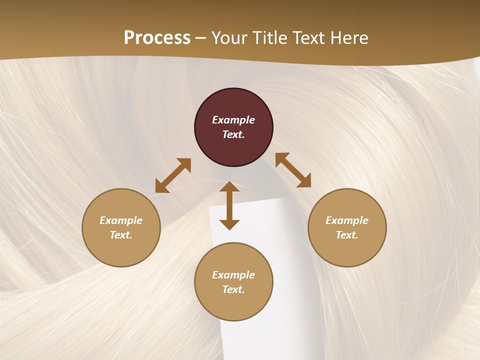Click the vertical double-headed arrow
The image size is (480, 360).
[x=229, y=205]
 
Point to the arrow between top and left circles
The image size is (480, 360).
[x=173, y=175]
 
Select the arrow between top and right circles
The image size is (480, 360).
[x=293, y=170]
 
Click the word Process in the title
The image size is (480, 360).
[x=157, y=38]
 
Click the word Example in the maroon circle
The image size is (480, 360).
[x=233, y=120]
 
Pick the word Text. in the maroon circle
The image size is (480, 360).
[x=233, y=134]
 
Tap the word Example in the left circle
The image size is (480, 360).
[x=121, y=220]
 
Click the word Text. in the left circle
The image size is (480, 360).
[x=121, y=235]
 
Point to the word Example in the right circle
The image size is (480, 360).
[x=347, y=220]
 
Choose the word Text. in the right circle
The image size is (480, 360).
[x=347, y=235]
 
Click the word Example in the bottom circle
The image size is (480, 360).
[x=233, y=275]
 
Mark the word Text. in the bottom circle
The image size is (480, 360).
[x=233, y=289]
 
